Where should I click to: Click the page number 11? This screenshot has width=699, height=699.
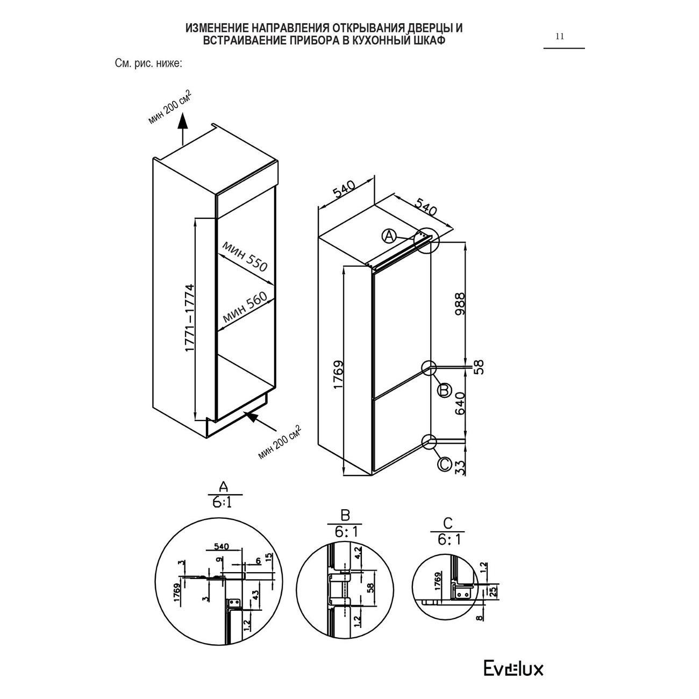(560, 37)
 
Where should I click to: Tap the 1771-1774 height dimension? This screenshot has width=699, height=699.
(190, 318)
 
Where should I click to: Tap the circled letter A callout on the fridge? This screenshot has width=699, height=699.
(389, 236)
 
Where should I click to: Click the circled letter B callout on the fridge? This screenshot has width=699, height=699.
(444, 390)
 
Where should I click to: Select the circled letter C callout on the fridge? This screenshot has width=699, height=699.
(445, 463)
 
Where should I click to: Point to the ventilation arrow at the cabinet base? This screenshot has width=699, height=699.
(259, 422)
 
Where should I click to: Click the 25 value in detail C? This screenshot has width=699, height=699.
(493, 592)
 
